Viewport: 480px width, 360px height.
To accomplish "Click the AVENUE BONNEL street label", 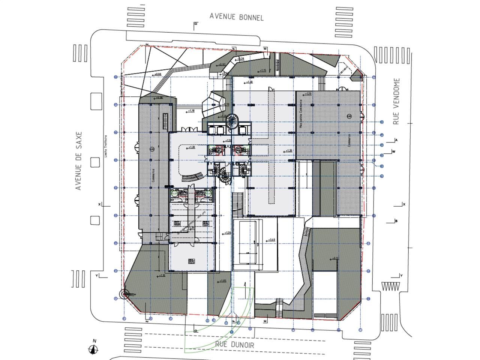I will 236,16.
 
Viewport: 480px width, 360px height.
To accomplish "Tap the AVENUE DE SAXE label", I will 78,160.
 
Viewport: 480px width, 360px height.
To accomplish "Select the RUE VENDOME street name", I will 397,101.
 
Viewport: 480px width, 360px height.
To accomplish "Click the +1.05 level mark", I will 222,281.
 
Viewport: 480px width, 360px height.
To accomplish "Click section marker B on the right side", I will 396,221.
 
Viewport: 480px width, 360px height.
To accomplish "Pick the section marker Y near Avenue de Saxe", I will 97,276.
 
